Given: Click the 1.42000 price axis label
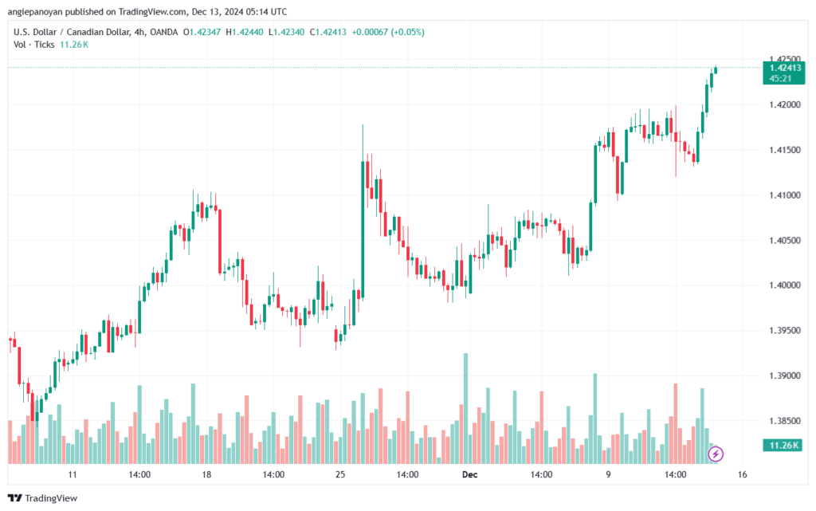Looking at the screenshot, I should (x=786, y=104).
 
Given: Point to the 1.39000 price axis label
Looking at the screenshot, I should (x=786, y=375).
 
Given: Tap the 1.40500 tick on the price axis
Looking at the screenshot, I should (x=786, y=240).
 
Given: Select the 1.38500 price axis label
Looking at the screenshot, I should (x=786, y=421).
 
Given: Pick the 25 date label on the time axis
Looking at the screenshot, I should (x=339, y=474).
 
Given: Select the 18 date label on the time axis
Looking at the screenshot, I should (x=206, y=474).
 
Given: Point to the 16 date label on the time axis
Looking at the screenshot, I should (x=742, y=474).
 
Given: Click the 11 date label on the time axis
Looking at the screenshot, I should (x=73, y=474).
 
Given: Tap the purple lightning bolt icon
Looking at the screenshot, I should (x=716, y=454).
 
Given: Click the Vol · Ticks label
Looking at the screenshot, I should (x=34, y=45).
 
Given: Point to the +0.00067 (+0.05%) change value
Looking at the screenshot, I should (x=387, y=32).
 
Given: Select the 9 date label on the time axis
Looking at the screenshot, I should (x=608, y=474).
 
